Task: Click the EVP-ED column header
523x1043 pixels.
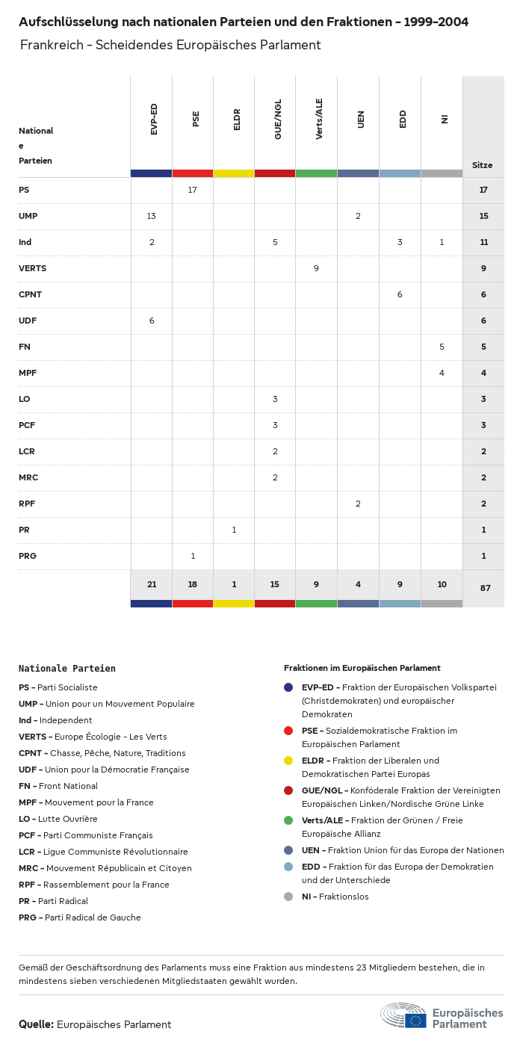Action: point(154,119)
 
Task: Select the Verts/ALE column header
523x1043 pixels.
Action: point(319,119)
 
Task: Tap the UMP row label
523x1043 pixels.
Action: point(28,216)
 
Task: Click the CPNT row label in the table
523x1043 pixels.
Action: point(30,294)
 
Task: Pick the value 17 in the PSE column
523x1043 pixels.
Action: point(193,190)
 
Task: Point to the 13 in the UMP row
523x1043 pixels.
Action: point(152,216)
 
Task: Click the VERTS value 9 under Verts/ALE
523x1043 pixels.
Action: point(316,268)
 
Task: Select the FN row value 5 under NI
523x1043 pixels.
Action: point(442,347)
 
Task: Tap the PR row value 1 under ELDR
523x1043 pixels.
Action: point(234,530)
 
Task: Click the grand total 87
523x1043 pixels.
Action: point(485,588)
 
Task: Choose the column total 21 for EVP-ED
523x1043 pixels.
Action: point(152,584)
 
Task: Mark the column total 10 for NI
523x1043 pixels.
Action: point(442,584)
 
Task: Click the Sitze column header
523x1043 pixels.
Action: point(482,165)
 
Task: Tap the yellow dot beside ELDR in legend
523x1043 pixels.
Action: point(288,761)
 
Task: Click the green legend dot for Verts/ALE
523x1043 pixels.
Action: point(288,820)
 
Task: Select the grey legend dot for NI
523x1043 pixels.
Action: point(288,897)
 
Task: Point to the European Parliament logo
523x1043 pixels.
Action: point(442,1016)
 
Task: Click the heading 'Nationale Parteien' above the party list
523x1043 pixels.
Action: point(67,669)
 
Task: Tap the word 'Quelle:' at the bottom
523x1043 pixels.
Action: point(36,1024)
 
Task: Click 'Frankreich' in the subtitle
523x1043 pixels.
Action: point(52,45)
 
